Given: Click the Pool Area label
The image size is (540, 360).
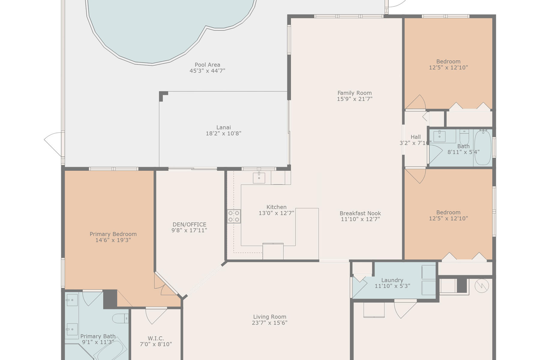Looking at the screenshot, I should pos(207,65).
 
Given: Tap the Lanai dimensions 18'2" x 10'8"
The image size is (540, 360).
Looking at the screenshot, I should pos(223,133).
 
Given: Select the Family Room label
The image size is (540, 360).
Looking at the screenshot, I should pos(354,93).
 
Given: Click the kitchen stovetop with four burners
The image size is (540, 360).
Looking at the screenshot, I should pos(234,216).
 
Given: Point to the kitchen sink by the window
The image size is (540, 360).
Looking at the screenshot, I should pos(259,178).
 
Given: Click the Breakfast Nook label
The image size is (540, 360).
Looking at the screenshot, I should pos(360,213).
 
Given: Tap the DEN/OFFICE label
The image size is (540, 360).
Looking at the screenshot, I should pos(189,224).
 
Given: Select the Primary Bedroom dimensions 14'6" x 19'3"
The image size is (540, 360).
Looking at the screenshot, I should pos(113,240).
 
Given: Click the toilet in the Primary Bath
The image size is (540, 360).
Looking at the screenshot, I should pos(120,318).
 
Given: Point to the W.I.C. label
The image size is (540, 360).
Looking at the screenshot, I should pos(156,338).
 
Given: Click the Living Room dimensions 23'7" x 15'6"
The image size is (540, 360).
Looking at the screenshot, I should pos(269,323).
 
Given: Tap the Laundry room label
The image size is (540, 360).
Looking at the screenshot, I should pos(392,280).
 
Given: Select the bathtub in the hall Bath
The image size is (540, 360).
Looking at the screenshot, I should pos(483,147).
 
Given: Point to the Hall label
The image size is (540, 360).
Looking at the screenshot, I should pos(415,137).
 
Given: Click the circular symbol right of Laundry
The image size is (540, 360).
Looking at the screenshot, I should pos(482,286).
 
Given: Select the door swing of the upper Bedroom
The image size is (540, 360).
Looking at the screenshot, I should pos(416,102).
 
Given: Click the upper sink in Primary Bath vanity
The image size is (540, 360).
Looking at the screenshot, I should pos(72,300).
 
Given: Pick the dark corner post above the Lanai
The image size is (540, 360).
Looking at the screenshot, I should pos(163,96).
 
